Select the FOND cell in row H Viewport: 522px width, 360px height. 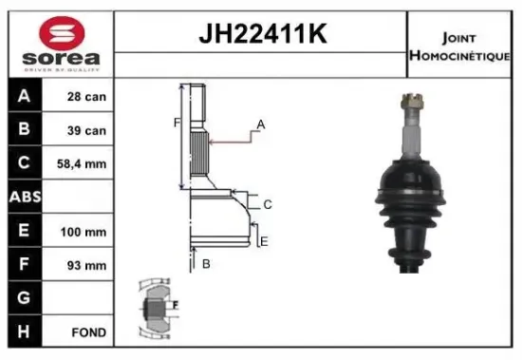(x=87, y=332)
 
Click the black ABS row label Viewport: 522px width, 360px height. (x=25, y=197)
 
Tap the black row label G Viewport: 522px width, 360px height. (x=25, y=298)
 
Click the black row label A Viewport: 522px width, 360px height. (x=25, y=96)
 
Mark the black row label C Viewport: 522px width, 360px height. (x=25, y=163)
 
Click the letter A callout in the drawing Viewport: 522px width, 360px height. (x=260, y=124)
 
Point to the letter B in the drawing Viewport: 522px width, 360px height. (x=205, y=263)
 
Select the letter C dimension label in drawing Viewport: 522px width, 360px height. (x=269, y=204)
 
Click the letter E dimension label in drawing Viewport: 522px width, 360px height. (x=265, y=241)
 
